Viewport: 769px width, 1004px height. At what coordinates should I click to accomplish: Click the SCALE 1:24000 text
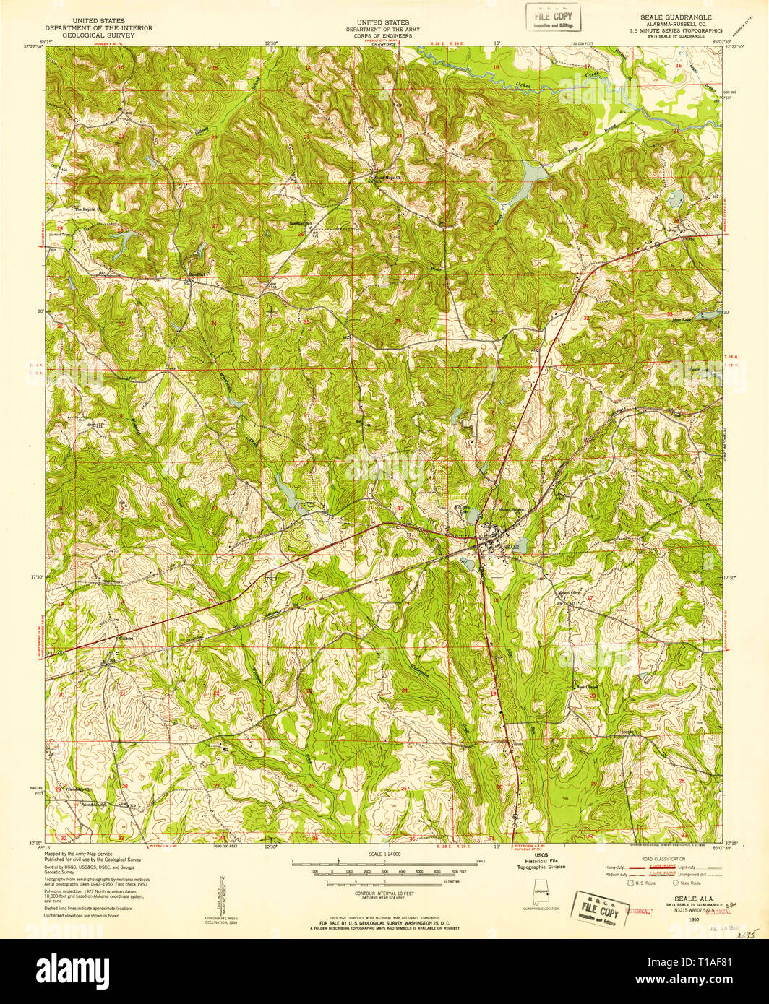(x=384, y=854)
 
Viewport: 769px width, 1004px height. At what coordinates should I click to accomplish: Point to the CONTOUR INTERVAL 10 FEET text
(x=384, y=893)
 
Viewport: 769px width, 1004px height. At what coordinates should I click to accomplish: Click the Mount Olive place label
(x=568, y=593)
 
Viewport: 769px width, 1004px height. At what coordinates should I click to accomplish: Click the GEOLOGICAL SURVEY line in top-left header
(x=98, y=34)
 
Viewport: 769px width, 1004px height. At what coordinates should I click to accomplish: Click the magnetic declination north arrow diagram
(x=223, y=894)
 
